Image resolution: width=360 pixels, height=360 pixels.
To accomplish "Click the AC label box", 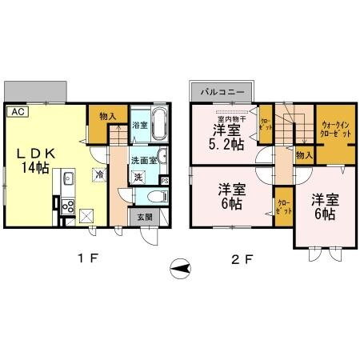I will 18,112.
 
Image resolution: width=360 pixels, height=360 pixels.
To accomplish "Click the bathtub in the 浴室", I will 157,125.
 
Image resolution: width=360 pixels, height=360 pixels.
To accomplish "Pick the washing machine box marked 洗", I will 137,176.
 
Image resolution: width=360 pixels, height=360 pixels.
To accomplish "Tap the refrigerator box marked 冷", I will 99,174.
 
